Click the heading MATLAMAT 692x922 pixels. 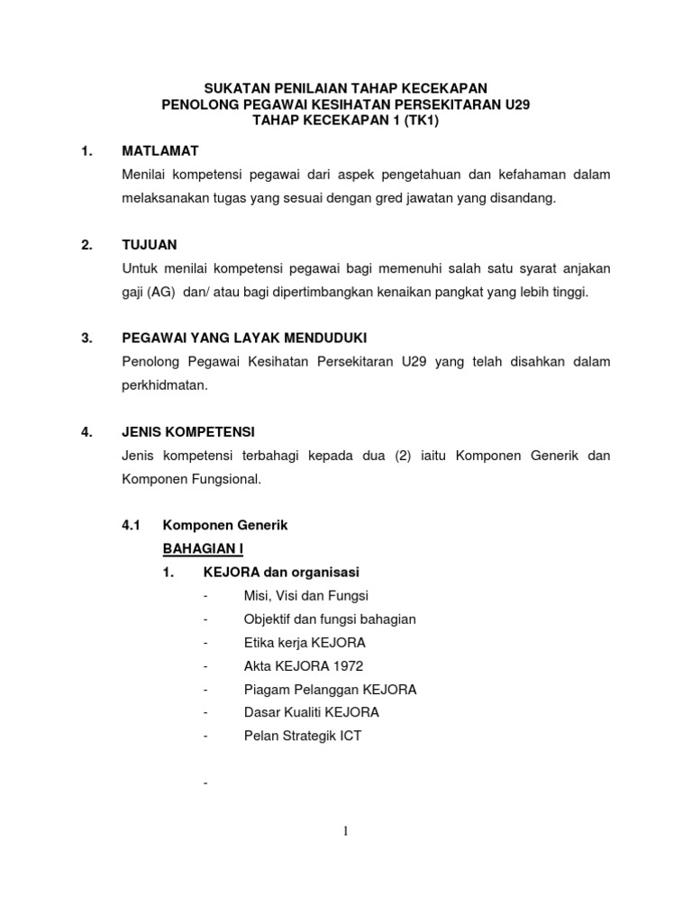pos(159,150)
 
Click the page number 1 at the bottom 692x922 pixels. pos(345,832)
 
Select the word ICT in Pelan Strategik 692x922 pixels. pos(349,736)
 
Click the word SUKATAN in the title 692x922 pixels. pos(237,88)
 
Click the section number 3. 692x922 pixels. pos(86,338)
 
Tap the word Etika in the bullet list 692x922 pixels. pos(259,642)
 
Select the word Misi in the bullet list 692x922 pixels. pos(257,595)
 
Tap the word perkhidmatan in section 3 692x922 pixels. pos(167,384)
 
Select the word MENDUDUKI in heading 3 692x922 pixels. pos(324,338)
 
